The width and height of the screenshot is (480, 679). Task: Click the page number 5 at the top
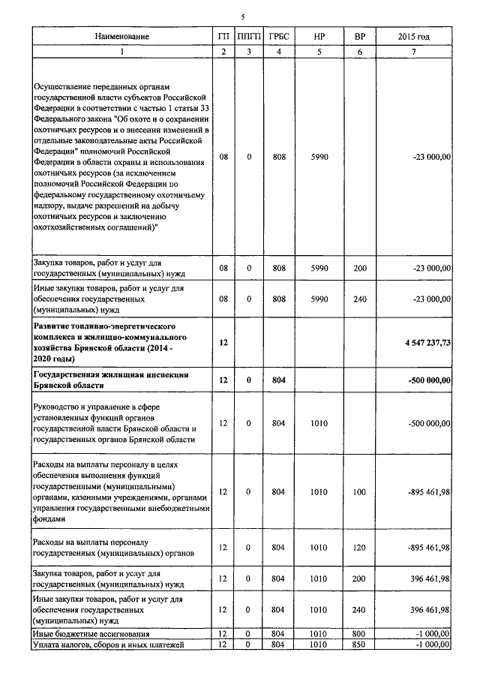pos(243,17)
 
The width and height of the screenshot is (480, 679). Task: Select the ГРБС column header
pos(279,37)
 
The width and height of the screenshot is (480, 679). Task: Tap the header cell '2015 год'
pos(413,37)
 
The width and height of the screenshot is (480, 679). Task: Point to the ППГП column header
pos(249,37)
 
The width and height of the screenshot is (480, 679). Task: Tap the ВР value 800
pos(359,635)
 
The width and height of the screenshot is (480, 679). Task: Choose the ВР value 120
pos(359,548)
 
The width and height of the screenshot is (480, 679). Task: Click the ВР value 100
pos(359,492)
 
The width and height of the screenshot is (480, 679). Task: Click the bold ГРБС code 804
pos(279,380)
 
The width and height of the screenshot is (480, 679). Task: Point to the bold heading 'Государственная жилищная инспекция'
pos(109,374)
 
